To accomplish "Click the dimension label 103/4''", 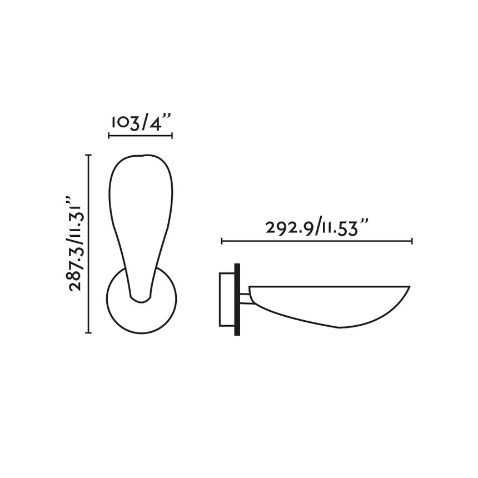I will click(x=140, y=123).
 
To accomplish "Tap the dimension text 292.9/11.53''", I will click(x=317, y=228).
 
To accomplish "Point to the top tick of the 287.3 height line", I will click(x=88, y=155).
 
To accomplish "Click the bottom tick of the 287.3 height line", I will click(x=88, y=332).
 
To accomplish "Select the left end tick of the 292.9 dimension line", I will click(x=222, y=241).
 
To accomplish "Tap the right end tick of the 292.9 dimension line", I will click(x=412, y=241).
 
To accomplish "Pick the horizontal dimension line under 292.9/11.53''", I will click(x=317, y=241).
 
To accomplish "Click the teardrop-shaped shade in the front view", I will click(x=140, y=211).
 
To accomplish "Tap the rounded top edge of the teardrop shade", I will click(x=141, y=156).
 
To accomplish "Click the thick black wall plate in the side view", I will click(x=237, y=299).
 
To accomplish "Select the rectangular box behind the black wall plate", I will click(x=227, y=299).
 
